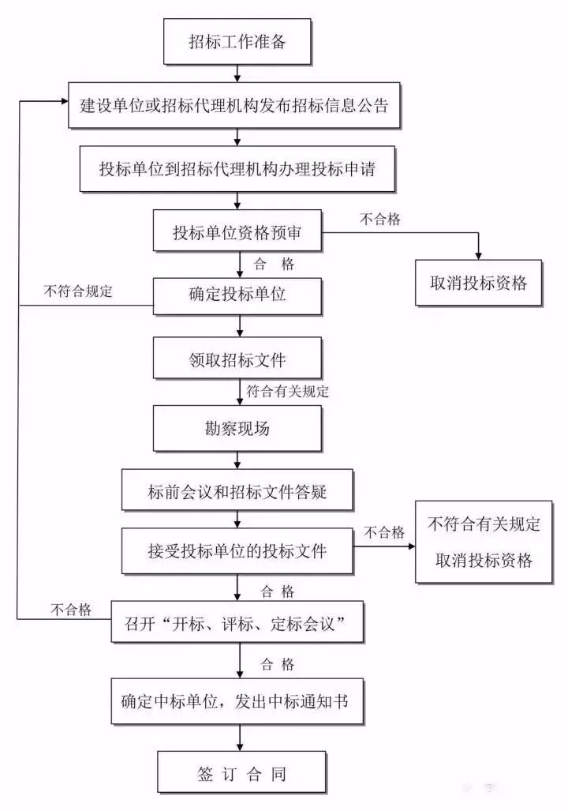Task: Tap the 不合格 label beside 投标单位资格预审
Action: pos(380,220)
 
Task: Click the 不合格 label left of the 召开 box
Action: pos(72,609)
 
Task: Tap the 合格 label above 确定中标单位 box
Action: pos(275,663)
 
